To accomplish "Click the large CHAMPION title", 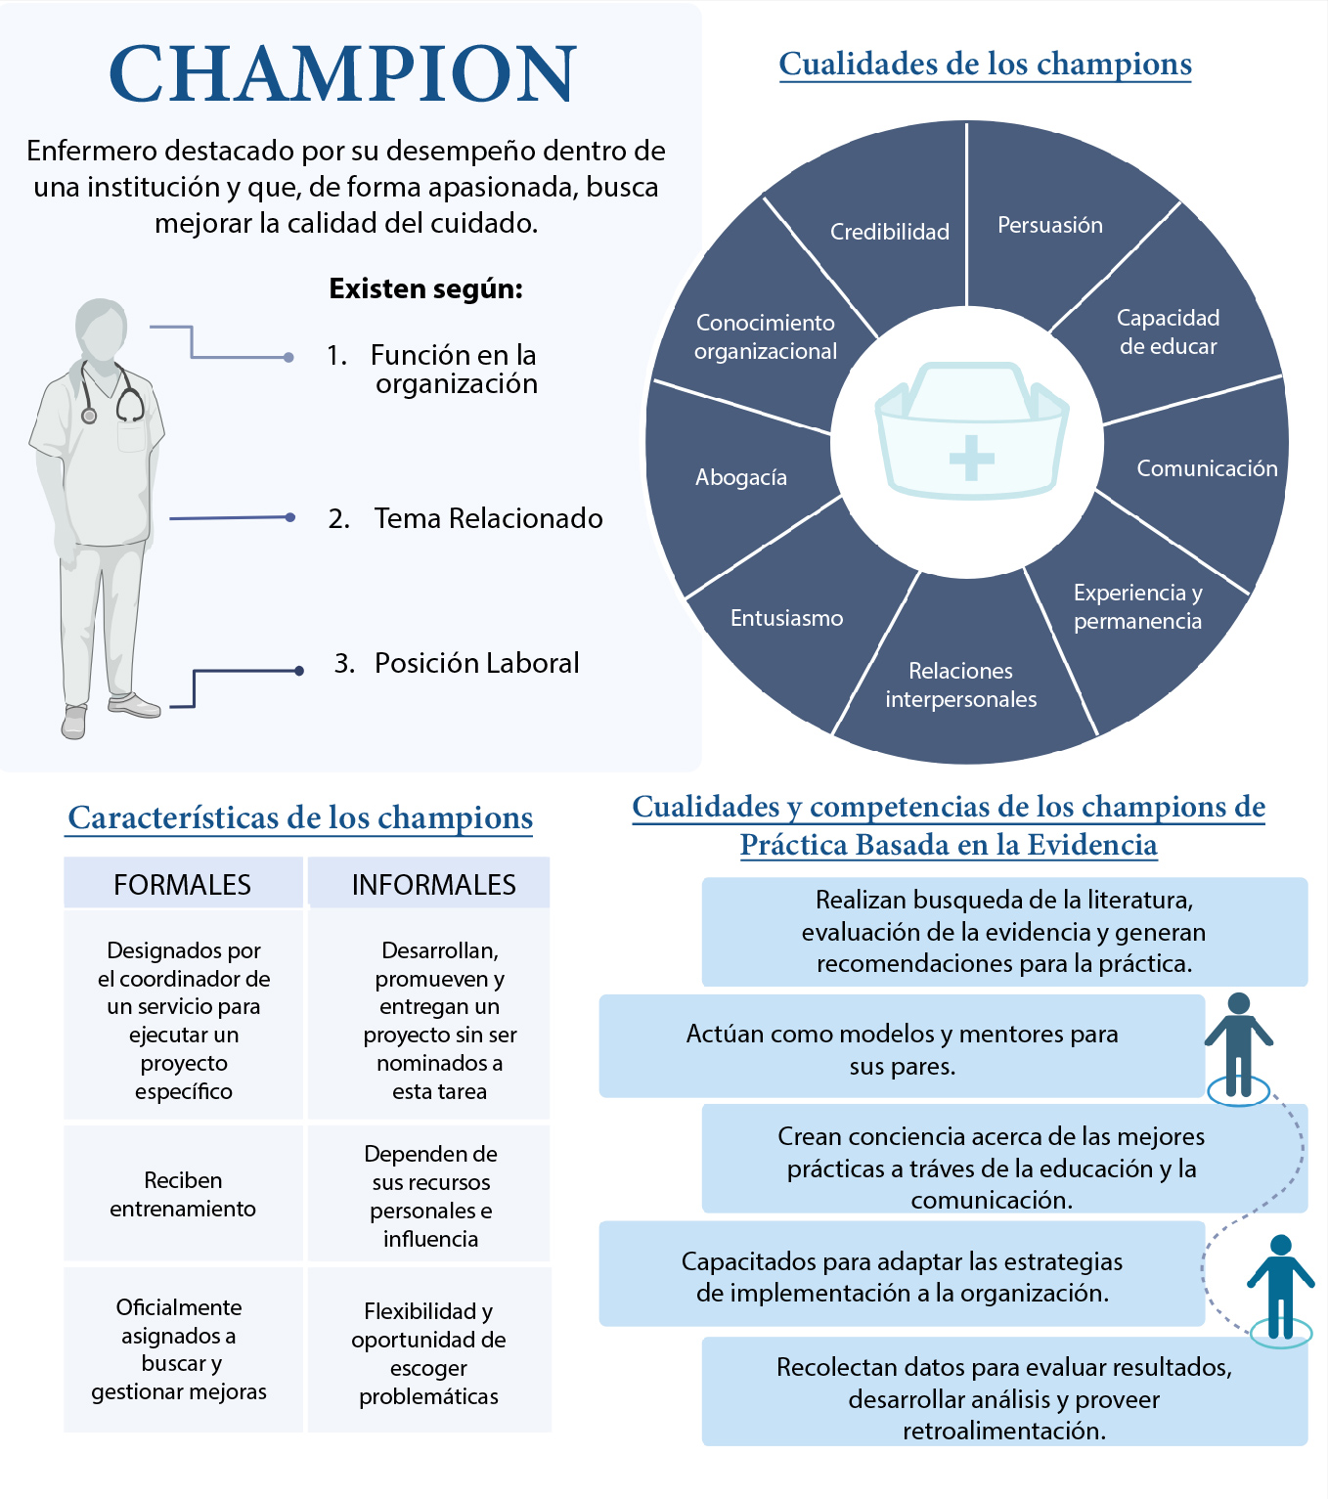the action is click(x=342, y=74).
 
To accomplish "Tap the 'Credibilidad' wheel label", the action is click(x=889, y=232).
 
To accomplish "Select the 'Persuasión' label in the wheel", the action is click(x=1050, y=225).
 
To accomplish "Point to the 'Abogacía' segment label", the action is click(x=740, y=478).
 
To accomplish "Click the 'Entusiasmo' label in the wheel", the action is click(x=786, y=618).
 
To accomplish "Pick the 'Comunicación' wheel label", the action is click(x=1207, y=468).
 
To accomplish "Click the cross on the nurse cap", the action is click(x=971, y=458).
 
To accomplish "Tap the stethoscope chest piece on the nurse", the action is click(x=89, y=415).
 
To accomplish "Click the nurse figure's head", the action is click(x=101, y=330).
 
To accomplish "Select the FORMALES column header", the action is click(x=183, y=884).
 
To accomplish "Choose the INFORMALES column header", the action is click(x=433, y=884).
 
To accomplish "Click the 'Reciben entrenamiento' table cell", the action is click(x=183, y=1194).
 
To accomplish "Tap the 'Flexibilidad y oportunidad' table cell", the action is click(x=429, y=1353).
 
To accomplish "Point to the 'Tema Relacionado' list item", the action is click(x=466, y=518).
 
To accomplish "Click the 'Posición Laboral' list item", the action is click(x=457, y=663).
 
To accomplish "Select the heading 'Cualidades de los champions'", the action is click(x=985, y=66).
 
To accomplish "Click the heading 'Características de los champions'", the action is click(x=299, y=818).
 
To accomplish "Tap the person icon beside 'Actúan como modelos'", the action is click(x=1238, y=1047).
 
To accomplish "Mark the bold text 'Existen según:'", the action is click(x=425, y=289).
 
